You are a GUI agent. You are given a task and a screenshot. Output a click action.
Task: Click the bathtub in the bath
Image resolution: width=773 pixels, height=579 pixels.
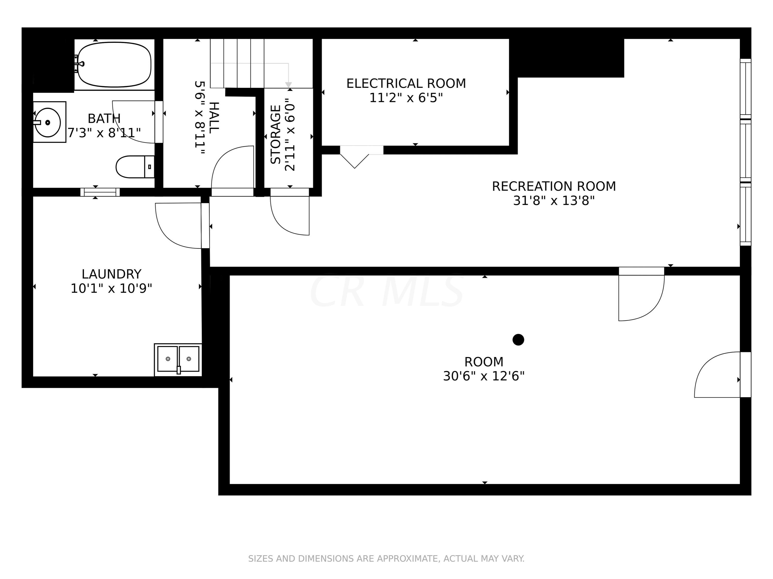[x=114, y=64]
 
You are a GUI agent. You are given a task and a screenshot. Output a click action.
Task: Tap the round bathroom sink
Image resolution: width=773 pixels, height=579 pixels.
[x=47, y=122]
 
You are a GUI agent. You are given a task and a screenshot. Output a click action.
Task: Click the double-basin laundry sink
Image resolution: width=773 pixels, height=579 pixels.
[x=178, y=360]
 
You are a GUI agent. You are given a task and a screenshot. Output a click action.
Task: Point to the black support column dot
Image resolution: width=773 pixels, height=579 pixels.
[x=518, y=339]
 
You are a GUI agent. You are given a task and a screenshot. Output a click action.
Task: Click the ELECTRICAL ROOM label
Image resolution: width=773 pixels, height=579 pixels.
[x=406, y=83]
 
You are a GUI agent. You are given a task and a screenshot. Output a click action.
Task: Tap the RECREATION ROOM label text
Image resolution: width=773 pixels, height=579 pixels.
[x=554, y=186]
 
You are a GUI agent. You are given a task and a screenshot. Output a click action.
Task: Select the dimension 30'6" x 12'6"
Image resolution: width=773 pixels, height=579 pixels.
[x=484, y=376]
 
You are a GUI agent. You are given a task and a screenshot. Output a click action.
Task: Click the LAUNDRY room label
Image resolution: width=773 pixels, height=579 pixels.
[x=112, y=274]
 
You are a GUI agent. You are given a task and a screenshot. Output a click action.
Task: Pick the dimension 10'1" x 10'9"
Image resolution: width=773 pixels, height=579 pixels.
[x=112, y=288]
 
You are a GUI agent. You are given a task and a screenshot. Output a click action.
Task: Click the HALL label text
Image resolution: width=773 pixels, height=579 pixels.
[x=214, y=117]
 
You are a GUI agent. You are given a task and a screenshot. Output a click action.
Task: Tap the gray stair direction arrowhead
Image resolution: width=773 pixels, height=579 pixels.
[x=288, y=85]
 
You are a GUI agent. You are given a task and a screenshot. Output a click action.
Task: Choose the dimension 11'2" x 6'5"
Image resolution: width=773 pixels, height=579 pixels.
[x=406, y=98]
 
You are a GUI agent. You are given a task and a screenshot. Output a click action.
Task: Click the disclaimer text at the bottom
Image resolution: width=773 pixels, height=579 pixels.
[x=386, y=559]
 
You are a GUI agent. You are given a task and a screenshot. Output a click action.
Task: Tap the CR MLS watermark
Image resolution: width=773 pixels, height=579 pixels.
[x=387, y=291]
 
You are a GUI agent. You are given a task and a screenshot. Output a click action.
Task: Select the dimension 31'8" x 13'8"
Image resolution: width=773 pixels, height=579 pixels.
[x=554, y=201]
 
